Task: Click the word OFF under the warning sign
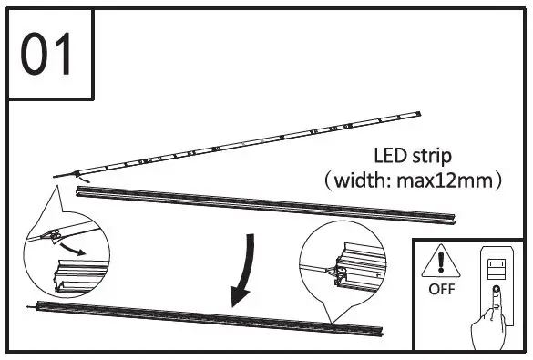(439, 293)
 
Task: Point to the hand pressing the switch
(490, 324)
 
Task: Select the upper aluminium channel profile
(273, 206)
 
